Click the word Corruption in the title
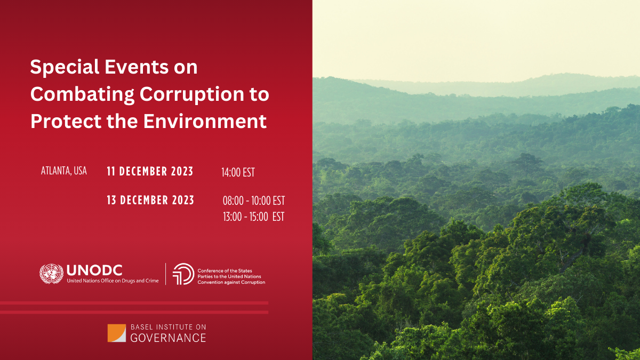tap(192, 95)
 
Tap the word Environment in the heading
tap(205, 121)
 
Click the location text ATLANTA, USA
tap(63, 171)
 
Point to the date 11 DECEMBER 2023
tap(150, 171)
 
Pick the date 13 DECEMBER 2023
tap(150, 200)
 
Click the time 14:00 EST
tap(238, 172)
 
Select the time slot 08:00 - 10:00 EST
tap(254, 201)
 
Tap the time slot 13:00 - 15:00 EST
tap(254, 217)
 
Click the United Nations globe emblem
tap(51, 274)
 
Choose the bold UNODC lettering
tap(94, 270)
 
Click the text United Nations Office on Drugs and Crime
tap(113, 281)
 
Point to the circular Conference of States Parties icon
tap(183, 274)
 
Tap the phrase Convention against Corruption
tap(231, 282)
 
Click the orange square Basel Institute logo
tap(117, 333)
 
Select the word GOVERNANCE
tap(168, 338)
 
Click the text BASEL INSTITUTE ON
tap(169, 327)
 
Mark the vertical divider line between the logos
tap(166, 274)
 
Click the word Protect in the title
tap(66, 121)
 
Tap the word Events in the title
tap(137, 67)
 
